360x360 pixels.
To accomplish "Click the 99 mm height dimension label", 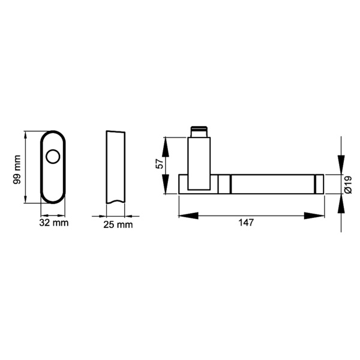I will pos(17,169).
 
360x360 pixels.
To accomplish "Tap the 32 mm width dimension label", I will pos(54,223).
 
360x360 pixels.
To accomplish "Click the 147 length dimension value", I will pos(247,223).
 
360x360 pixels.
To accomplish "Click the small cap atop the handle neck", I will pos(199,130).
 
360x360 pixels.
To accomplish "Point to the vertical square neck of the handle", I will pos(200,159).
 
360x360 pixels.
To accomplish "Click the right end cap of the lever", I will pos(319,184).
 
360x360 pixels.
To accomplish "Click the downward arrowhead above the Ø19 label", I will pos(340,166).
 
